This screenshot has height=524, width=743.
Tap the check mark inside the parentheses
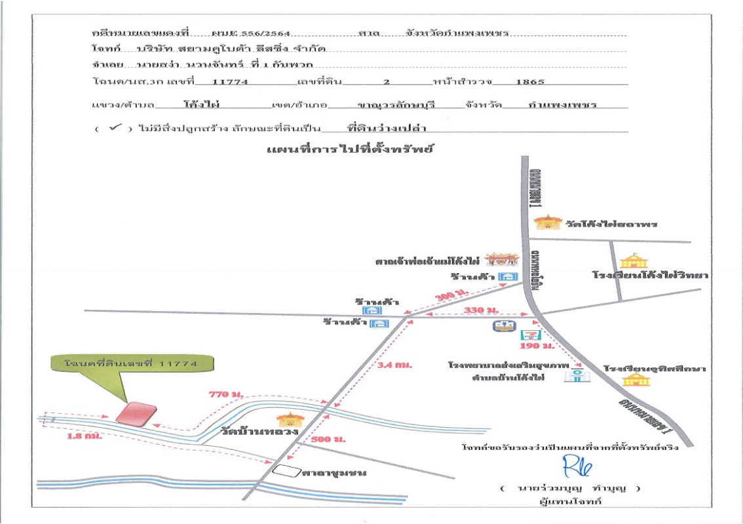[x=115, y=128]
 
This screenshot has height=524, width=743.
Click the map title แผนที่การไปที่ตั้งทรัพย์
[x=351, y=149]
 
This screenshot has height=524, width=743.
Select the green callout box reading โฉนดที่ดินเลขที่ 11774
[x=130, y=362]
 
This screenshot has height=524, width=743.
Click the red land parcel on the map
[x=136, y=413]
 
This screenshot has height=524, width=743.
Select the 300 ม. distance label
[x=445, y=297]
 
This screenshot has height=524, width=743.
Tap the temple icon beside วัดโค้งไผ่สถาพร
[x=544, y=223]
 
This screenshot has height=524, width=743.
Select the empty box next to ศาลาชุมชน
[x=286, y=470]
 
